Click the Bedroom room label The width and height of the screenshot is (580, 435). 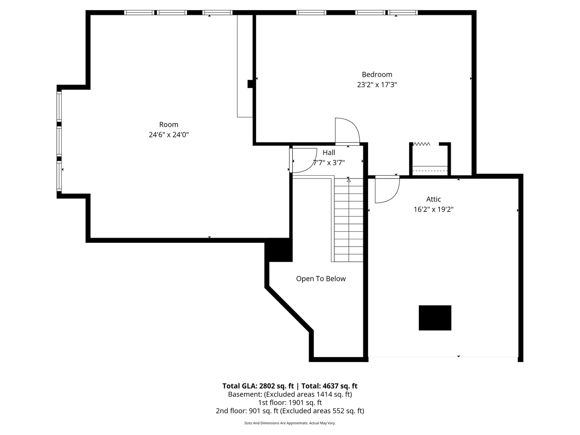(377, 75)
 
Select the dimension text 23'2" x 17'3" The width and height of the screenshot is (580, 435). (377, 85)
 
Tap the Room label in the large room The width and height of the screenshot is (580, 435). (168, 125)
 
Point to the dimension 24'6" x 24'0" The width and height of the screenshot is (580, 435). (168, 135)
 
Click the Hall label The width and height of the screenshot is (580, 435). (329, 153)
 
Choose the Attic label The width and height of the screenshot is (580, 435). (433, 199)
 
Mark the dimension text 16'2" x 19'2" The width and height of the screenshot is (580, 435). (433, 209)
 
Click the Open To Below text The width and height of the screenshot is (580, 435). (321, 279)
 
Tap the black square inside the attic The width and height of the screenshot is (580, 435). (435, 318)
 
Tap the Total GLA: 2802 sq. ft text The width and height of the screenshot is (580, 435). (258, 386)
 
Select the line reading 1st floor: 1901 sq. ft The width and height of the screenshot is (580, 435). (290, 402)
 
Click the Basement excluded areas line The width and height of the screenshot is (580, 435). (290, 394)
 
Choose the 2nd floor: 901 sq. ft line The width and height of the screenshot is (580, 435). (290, 411)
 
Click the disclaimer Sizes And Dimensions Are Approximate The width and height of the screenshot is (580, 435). (290, 423)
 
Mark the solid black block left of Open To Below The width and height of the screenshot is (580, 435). (278, 250)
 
